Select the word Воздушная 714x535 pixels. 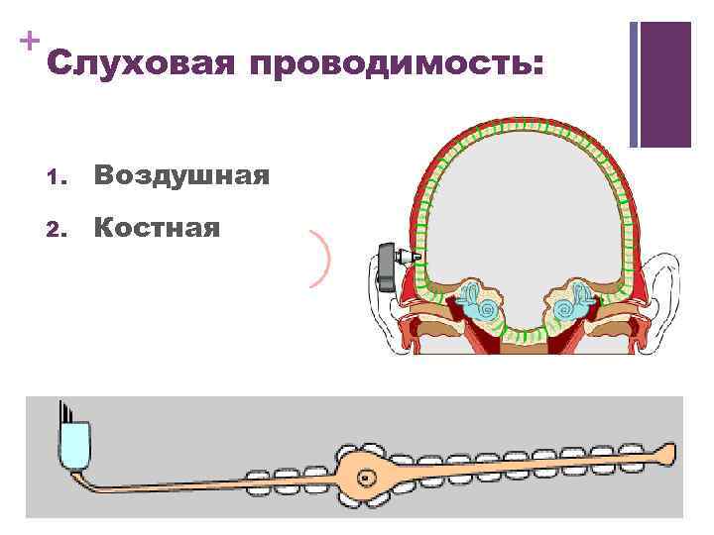181,176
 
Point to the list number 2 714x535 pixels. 54,231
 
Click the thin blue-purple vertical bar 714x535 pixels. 634,84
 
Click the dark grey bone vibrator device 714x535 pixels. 386,267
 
